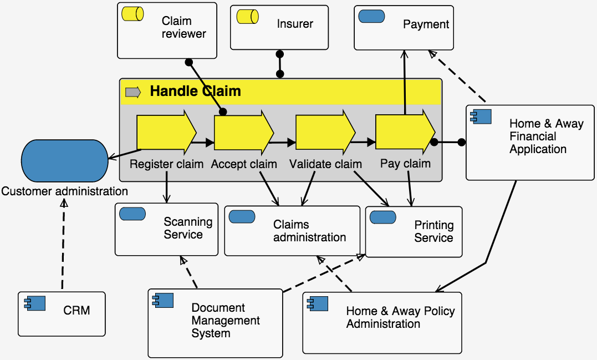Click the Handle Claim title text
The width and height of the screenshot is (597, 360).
tap(195, 91)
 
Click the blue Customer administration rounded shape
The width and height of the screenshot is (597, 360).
tap(65, 161)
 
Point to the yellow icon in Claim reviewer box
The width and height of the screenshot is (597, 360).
tap(133, 16)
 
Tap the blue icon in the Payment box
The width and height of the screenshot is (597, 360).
tap(372, 17)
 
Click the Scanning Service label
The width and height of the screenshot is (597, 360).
tap(188, 228)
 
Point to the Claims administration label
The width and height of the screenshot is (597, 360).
tap(309, 231)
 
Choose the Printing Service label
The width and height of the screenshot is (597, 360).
tap(433, 232)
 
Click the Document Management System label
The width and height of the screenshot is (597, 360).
tap(225, 321)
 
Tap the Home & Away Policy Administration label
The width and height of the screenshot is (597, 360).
tap(400, 317)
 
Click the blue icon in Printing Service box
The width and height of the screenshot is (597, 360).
tap(382, 217)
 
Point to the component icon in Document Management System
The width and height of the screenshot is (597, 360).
tap(163, 301)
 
